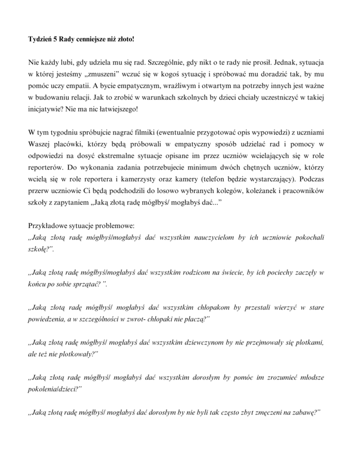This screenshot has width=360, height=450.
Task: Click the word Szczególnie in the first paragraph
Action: (x=165, y=63)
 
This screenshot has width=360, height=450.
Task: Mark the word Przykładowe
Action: (x=48, y=225)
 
